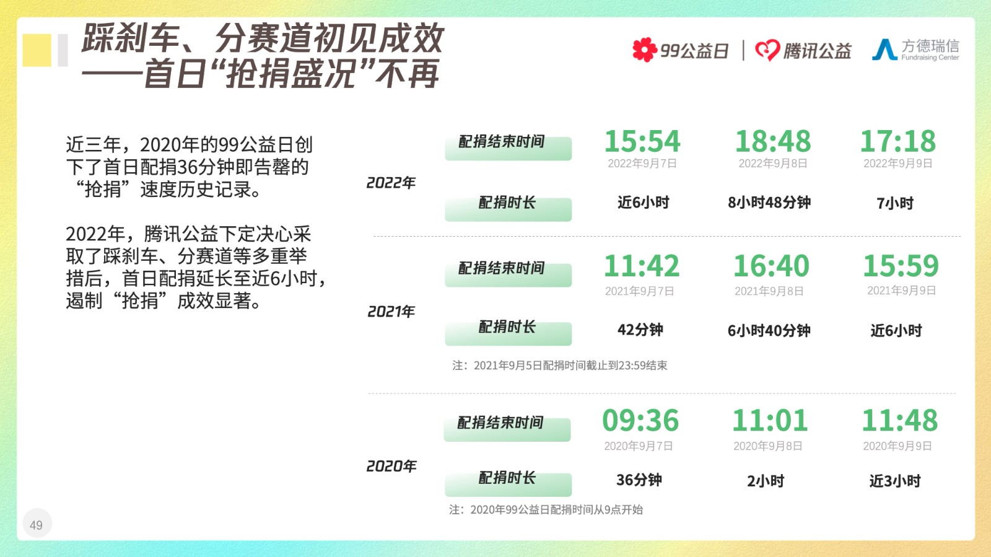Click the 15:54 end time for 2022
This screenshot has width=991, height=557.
click(x=642, y=141)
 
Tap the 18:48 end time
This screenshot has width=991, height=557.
click(x=772, y=141)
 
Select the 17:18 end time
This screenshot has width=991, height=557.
click(x=897, y=141)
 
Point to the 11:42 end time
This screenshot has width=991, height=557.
click(x=642, y=266)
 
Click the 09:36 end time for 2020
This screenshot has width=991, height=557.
click(x=640, y=420)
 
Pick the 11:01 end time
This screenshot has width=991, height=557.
click(x=770, y=420)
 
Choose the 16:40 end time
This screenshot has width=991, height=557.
click(x=771, y=266)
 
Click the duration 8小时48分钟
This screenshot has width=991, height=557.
click(x=769, y=203)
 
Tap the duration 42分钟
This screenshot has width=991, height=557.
click(x=640, y=330)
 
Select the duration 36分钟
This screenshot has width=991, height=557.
click(x=639, y=480)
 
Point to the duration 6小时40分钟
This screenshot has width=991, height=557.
click(x=769, y=330)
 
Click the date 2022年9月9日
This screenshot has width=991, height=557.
click(x=897, y=164)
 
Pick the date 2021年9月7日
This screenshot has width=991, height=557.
click(x=639, y=291)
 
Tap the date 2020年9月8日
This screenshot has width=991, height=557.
click(x=767, y=446)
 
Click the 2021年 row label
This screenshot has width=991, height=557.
click(x=391, y=312)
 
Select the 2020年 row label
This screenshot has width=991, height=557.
click(x=391, y=466)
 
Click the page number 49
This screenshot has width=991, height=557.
click(x=36, y=525)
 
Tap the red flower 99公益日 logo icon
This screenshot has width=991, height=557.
click(x=645, y=50)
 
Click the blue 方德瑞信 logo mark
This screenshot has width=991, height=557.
click(x=884, y=49)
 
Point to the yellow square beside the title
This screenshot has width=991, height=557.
click(x=37, y=50)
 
